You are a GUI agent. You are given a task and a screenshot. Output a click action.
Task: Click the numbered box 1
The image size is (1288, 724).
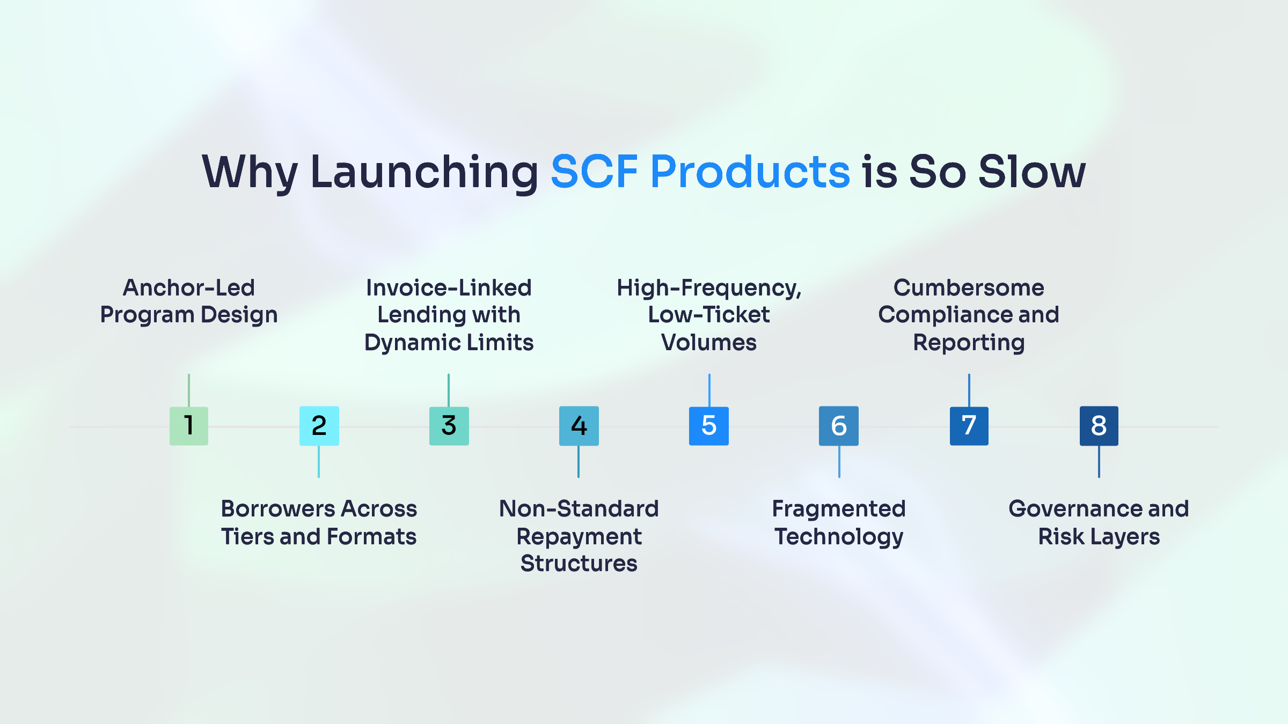pyautogui.click(x=189, y=426)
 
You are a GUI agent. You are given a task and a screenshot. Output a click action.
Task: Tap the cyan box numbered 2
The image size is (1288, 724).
pyautogui.click(x=319, y=426)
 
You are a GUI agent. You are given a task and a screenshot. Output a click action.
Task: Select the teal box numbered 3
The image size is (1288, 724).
pyautogui.click(x=449, y=426)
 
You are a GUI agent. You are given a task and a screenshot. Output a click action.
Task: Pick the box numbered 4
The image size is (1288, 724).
pyautogui.click(x=579, y=426)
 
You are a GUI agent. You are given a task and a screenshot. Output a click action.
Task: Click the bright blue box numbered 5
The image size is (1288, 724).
pyautogui.click(x=709, y=426)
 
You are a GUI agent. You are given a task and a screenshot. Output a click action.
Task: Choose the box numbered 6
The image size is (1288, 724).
pyautogui.click(x=839, y=426)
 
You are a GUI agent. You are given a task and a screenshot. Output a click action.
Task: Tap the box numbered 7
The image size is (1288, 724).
pyautogui.click(x=969, y=426)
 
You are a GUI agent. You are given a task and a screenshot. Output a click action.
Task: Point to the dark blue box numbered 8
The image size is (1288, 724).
pyautogui.click(x=1099, y=426)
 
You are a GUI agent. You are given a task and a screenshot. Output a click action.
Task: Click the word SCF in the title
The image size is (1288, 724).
pyautogui.click(x=595, y=172)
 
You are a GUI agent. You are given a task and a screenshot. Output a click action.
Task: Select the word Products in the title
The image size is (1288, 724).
pyautogui.click(x=750, y=172)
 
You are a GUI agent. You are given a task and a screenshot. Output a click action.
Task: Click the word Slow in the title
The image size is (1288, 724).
pyautogui.click(x=1032, y=172)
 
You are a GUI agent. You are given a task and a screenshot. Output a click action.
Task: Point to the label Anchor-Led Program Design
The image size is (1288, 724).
pyautogui.click(x=189, y=301)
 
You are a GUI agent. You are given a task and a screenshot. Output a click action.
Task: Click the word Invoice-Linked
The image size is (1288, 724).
pyautogui.click(x=449, y=287)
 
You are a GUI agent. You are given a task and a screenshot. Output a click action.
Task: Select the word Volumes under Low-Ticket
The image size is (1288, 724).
pyautogui.click(x=709, y=342)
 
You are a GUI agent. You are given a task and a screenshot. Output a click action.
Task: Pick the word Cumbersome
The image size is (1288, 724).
pyautogui.click(x=969, y=287)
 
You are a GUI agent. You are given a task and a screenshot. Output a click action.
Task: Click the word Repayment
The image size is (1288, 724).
pyautogui.click(x=579, y=537)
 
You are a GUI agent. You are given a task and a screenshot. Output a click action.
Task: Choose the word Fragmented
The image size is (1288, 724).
pyautogui.click(x=839, y=509)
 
